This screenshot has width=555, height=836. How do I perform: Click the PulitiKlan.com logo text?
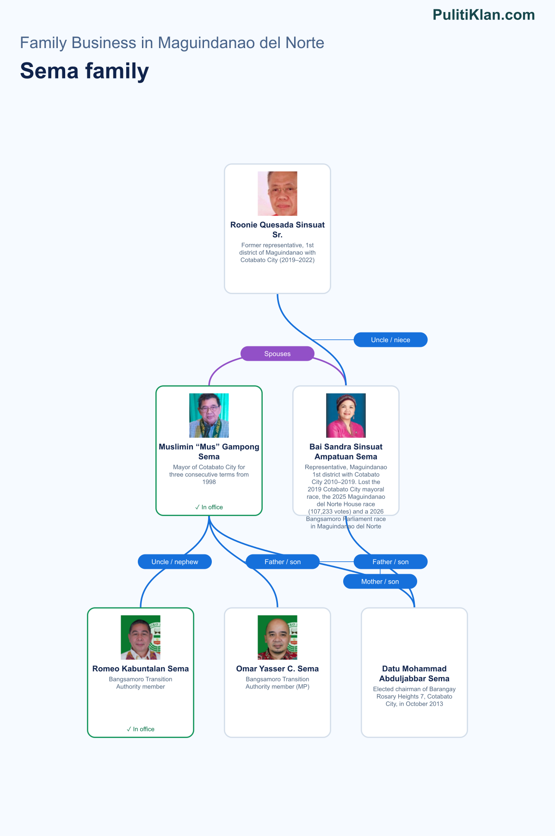tap(484, 15)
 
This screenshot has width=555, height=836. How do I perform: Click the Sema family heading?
tap(85, 71)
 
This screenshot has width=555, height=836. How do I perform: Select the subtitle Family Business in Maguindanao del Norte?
tap(172, 43)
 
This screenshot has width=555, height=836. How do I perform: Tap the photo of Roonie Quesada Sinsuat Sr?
tap(277, 194)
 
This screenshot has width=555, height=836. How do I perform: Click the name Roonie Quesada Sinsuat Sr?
tap(277, 230)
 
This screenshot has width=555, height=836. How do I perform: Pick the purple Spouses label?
tap(277, 354)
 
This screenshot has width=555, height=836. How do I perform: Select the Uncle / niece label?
tap(391, 340)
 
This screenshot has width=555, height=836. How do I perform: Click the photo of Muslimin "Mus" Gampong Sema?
tap(209, 416)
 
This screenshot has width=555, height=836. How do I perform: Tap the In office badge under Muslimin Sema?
tap(209, 507)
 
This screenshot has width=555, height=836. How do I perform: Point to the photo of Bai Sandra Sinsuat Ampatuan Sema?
tap(346, 416)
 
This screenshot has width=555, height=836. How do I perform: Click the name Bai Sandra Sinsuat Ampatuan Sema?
tap(346, 452)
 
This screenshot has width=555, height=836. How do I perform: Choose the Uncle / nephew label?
tap(175, 562)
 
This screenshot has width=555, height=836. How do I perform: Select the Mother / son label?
tap(380, 582)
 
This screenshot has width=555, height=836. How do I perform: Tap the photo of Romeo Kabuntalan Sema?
tap(141, 638)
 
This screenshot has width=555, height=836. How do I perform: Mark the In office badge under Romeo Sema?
tap(141, 729)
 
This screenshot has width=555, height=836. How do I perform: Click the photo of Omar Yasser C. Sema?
tap(277, 638)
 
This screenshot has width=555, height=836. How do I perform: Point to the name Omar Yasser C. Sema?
tap(277, 669)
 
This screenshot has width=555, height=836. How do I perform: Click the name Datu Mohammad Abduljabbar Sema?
tap(414, 674)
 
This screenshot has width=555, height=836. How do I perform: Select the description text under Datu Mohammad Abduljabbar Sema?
tap(414, 696)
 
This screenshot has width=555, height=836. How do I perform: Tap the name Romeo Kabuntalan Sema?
tap(141, 669)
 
